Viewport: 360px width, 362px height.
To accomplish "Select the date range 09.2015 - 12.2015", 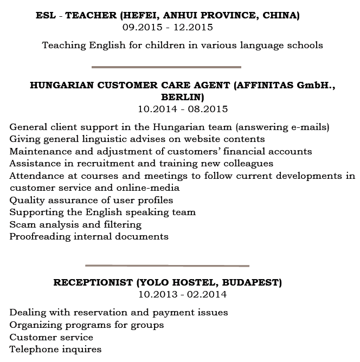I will click(x=168, y=27).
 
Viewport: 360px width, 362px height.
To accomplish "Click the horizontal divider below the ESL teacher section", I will click(x=166, y=67).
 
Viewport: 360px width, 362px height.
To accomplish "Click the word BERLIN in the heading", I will click(x=182, y=97).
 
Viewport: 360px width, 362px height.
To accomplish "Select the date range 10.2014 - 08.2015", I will click(x=183, y=109).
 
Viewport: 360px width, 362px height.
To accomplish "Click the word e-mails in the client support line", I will click(x=307, y=127).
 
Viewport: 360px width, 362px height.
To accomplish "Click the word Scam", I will click(x=22, y=224).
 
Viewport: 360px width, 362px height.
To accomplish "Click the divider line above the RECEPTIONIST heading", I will click(x=167, y=266).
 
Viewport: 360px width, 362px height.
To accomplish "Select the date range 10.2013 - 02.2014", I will click(x=183, y=294).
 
